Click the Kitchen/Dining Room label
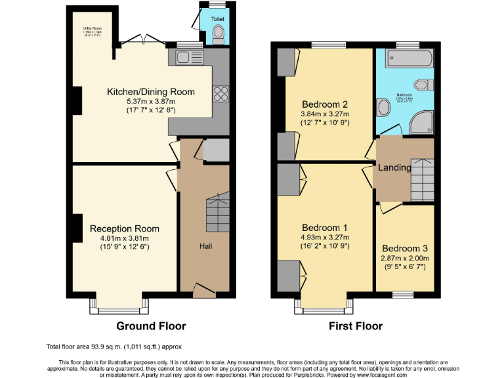150,92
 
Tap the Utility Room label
93,28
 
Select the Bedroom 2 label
325,104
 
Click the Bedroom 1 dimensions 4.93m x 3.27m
324,237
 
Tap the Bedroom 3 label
405,249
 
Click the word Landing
394,167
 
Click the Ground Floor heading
151,325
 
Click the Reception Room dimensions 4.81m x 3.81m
125,238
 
